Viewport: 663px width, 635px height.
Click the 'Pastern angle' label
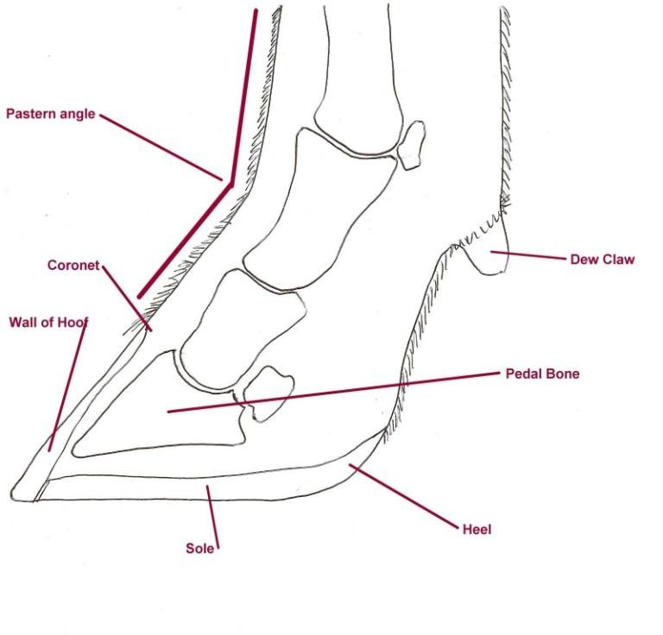pyautogui.click(x=50, y=114)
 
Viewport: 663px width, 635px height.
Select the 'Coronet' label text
pyautogui.click(x=73, y=265)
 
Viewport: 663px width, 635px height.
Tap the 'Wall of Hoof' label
pyautogui.click(x=48, y=323)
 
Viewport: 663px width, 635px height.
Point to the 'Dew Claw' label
pyautogui.click(x=602, y=259)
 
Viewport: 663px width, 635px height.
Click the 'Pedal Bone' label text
pyautogui.click(x=542, y=374)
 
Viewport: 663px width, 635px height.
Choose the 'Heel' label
pyautogui.click(x=477, y=529)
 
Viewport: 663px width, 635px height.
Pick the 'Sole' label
pyautogui.click(x=199, y=548)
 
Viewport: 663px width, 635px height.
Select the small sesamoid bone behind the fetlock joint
pyautogui.click(x=413, y=142)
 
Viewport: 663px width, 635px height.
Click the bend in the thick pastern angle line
pyautogui.click(x=230, y=181)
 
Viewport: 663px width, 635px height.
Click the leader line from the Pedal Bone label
pyautogui.click(x=345, y=392)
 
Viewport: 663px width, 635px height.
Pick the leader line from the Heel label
pyautogui.click(x=406, y=496)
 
